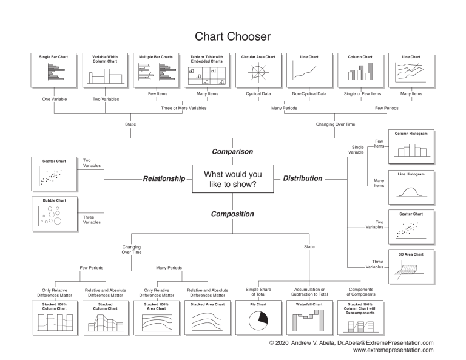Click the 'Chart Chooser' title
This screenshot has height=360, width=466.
tap(233, 37)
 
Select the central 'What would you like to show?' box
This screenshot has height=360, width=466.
tap(232, 179)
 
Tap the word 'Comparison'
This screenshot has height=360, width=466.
tap(232, 151)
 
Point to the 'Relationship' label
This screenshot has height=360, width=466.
tap(163, 179)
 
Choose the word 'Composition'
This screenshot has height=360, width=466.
tap(232, 214)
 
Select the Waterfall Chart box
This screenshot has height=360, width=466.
tap(309, 318)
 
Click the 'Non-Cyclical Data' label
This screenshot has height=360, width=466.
tap(309, 93)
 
